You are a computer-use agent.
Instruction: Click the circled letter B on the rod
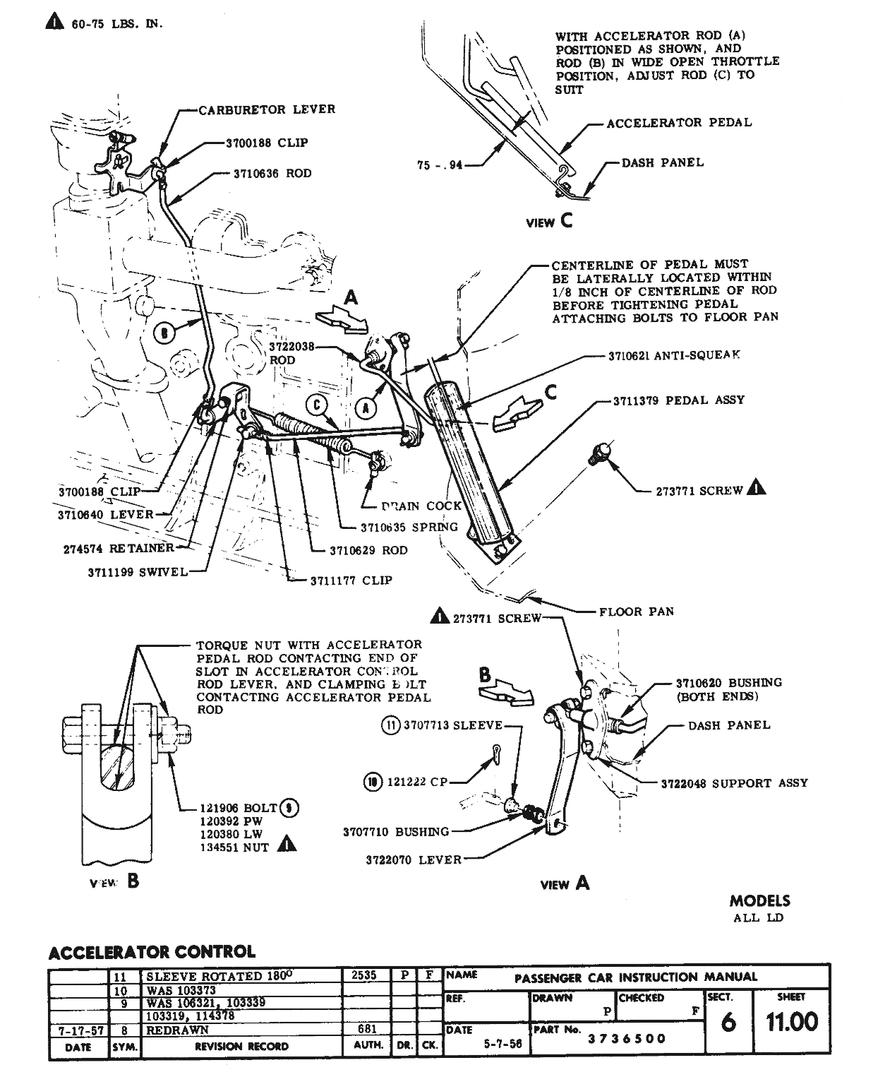click(164, 333)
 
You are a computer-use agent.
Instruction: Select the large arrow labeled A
click(343, 316)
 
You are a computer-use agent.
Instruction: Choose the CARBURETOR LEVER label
click(267, 110)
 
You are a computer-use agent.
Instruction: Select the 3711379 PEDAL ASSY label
click(679, 400)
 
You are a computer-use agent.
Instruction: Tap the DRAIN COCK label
click(421, 506)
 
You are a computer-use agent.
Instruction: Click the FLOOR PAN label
click(636, 612)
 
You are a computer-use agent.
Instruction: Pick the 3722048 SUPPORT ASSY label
click(734, 783)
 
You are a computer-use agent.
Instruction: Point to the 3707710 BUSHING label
click(396, 832)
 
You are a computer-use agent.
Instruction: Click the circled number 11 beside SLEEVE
click(390, 725)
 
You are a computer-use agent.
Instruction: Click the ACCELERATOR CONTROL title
click(152, 952)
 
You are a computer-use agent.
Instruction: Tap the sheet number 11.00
click(792, 1022)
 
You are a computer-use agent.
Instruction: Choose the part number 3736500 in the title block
click(627, 1039)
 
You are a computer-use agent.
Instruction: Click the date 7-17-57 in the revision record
click(78, 1031)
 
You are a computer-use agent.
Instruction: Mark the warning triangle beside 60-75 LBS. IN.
click(55, 23)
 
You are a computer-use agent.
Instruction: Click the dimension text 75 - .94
click(440, 165)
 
